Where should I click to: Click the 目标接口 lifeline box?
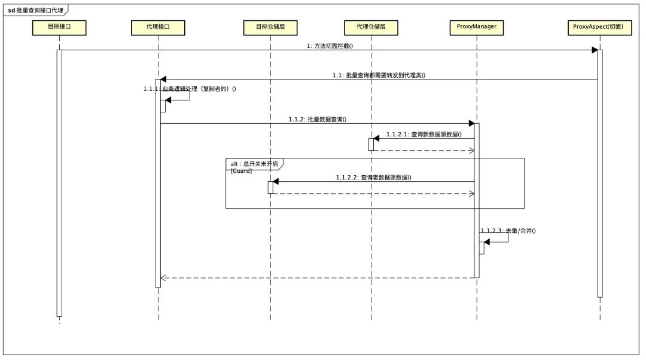coord(59,27)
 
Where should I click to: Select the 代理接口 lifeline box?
coord(158,27)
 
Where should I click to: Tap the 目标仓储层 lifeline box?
coord(270,27)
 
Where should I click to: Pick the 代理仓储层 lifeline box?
coord(370,27)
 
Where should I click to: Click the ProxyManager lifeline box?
coord(477,27)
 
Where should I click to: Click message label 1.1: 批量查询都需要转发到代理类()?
coord(379,75)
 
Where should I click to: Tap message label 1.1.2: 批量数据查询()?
coord(318,120)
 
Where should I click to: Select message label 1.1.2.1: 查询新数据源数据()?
coord(424,135)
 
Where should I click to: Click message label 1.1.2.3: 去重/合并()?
coord(508,230)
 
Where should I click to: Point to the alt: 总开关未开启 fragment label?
coord(254,163)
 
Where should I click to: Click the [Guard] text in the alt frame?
coord(242,171)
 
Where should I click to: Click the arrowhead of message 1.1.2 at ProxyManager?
coord(471,123)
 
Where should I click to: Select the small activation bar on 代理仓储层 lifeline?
coord(371,144)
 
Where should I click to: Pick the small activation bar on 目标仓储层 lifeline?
coord(270,187)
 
